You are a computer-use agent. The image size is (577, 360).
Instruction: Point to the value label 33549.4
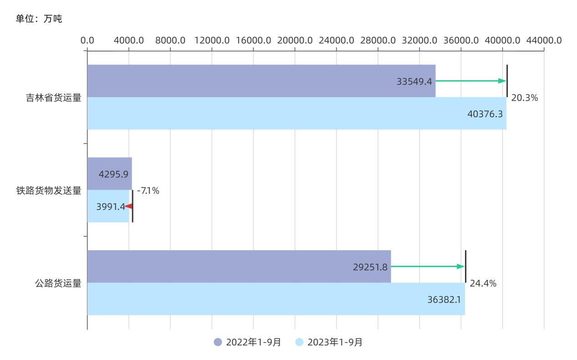coord(414,81)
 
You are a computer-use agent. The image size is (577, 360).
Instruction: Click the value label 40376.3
coord(485,114)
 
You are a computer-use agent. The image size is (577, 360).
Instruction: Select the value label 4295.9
coord(113,174)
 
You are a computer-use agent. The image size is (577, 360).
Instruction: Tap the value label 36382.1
coord(444,299)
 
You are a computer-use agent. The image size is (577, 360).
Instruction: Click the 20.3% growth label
coord(524,98)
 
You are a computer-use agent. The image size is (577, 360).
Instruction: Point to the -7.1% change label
coord(148,191)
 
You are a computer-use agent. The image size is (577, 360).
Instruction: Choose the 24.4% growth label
coord(483,283)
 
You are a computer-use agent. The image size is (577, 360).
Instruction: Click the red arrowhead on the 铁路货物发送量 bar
coord(128,206)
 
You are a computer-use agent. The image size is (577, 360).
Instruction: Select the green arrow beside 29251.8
coord(428,267)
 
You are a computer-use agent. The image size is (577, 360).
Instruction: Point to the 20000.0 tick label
coord(295,40)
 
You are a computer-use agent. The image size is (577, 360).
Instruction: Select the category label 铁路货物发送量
coord(49,191)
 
